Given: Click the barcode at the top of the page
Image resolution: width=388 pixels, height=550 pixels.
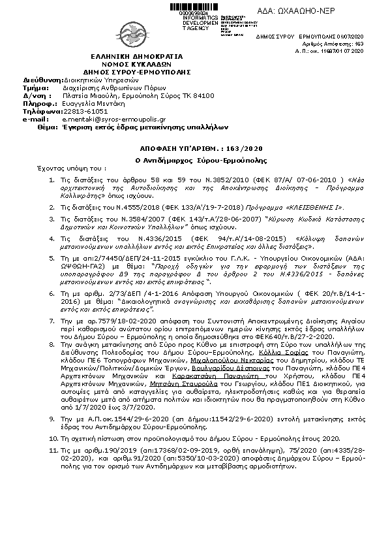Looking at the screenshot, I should pyautogui.click(x=194, y=7).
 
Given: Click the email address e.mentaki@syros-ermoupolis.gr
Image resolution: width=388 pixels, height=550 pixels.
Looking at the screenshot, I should pyautogui.click(x=104, y=120).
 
